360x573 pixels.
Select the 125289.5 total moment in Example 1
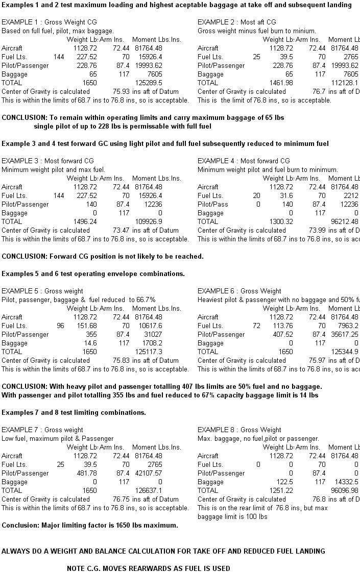[149, 83]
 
